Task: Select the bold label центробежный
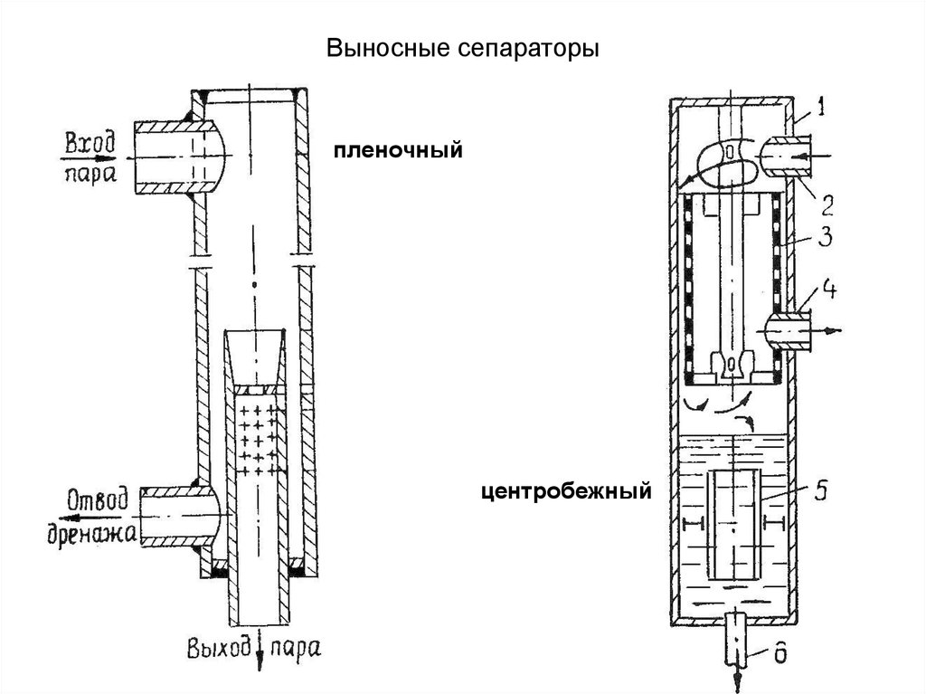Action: (566, 492)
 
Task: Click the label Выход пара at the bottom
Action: (254, 648)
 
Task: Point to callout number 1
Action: (818, 109)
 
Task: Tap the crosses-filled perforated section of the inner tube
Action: (259, 434)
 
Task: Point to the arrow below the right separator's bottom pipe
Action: (738, 674)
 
